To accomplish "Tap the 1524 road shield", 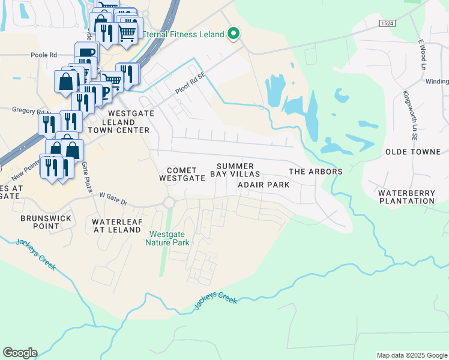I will coord(387,23).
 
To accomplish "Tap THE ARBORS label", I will coord(316,172).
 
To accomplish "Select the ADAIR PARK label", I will coord(264,185).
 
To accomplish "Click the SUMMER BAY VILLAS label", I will coord(235,170).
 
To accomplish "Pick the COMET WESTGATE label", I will coord(178,175).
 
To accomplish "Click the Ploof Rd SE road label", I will coord(190,84).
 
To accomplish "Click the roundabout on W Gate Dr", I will coord(169,203).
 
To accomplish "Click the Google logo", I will coord(20,353).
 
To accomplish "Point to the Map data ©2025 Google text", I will coord(411,355).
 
